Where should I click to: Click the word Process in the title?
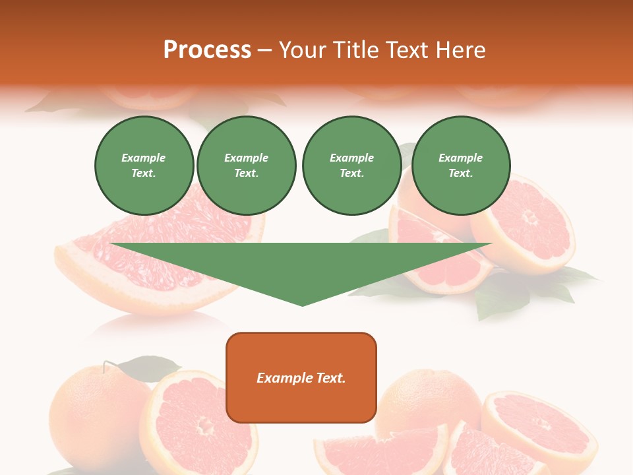coord(207,50)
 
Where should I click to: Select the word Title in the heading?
coord(356,50)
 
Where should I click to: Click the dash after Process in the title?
coord(264,51)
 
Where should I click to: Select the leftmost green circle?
coord(144,166)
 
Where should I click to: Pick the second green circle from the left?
coord(247,166)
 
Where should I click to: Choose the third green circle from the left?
coord(351,166)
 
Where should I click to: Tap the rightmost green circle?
coord(461,166)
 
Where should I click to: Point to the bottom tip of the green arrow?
coord(302,304)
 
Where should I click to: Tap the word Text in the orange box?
coord(330,378)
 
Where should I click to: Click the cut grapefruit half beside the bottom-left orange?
coord(198,422)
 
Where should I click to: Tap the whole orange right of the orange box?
coord(429,399)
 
